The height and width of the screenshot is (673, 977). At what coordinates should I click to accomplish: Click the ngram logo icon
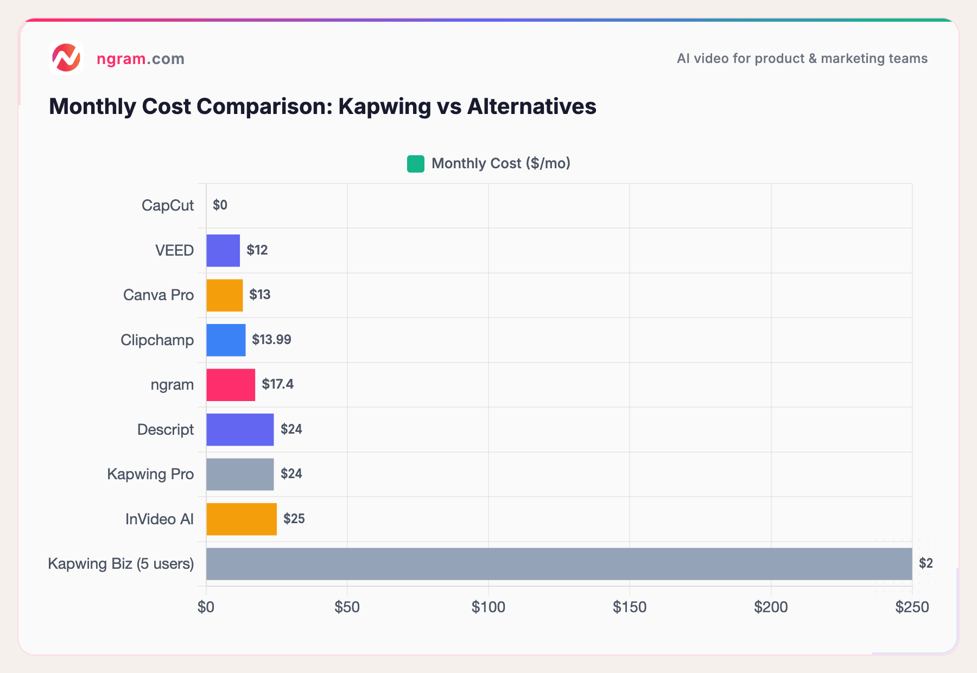click(66, 58)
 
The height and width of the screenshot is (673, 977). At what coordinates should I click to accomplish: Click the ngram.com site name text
click(140, 59)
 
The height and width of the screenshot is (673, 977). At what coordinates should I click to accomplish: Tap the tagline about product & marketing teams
click(802, 59)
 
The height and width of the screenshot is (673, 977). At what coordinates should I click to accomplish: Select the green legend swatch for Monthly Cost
click(415, 164)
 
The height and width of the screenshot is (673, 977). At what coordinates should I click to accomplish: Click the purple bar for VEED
click(223, 250)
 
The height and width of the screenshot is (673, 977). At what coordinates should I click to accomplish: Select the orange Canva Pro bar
click(224, 295)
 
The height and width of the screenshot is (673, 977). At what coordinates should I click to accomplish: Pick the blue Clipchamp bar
click(225, 340)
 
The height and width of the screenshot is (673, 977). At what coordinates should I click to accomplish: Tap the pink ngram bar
click(230, 385)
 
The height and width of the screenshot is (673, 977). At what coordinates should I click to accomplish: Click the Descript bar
click(239, 429)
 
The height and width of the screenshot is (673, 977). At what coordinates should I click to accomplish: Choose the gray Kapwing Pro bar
click(239, 474)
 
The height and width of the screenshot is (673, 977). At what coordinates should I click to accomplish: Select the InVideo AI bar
click(241, 519)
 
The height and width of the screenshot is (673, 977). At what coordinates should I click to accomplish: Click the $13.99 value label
click(271, 340)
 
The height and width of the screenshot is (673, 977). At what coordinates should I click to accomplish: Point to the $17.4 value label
click(277, 384)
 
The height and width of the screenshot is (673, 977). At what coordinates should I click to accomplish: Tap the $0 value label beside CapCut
click(220, 205)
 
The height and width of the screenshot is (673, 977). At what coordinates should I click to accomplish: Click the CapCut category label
click(167, 206)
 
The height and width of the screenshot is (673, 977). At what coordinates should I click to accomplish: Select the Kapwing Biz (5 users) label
click(120, 564)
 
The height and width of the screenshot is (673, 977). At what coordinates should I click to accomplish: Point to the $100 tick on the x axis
click(488, 607)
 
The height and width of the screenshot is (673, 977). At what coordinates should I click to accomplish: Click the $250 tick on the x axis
click(912, 607)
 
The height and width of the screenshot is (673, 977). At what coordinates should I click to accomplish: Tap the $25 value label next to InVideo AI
click(294, 519)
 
